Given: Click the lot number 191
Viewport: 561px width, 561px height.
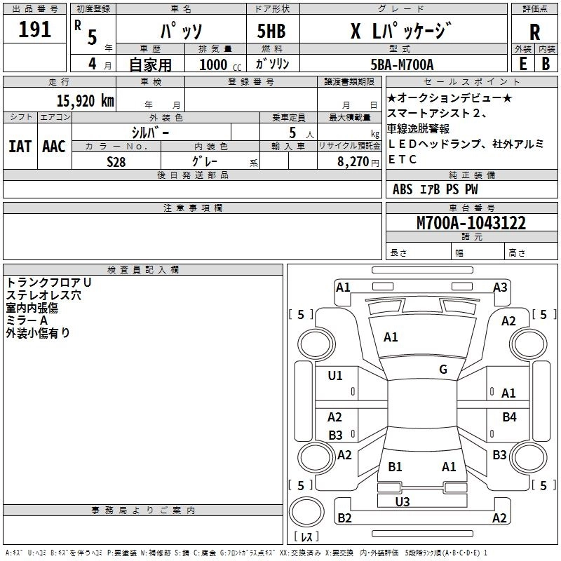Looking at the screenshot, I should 35,30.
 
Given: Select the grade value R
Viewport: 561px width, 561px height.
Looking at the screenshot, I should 535,32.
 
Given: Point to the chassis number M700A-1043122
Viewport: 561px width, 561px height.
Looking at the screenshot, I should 471,223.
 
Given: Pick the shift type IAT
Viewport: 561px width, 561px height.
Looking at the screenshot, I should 20,147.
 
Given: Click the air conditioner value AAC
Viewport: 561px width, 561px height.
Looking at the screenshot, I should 54,147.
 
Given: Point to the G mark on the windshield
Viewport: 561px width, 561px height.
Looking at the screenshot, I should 443,370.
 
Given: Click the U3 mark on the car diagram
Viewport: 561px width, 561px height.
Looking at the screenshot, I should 403,501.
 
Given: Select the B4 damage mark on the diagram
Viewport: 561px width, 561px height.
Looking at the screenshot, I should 509,417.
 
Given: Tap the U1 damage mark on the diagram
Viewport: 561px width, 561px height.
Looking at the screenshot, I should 335,376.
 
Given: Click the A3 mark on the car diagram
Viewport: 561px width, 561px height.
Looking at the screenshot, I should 500,287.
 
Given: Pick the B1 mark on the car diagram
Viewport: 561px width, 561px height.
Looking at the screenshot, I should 395,466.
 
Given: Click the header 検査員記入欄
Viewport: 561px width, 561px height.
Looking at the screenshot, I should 143,270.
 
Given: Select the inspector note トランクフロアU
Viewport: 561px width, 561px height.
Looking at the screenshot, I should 48,282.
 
